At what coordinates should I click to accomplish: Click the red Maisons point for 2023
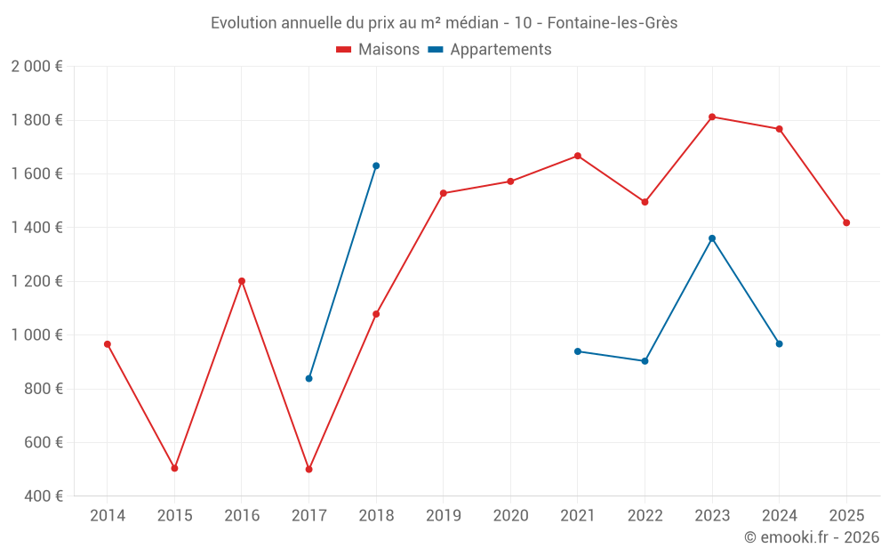[x=712, y=117]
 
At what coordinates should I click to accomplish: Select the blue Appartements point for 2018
[x=376, y=165]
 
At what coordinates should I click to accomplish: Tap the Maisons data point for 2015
[x=174, y=468]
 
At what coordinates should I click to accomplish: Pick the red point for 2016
[x=242, y=281]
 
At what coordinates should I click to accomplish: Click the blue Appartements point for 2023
[x=712, y=238]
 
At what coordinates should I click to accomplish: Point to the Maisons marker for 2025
[x=846, y=222]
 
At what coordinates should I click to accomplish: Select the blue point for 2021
[x=578, y=351]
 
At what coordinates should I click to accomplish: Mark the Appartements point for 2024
[x=780, y=343]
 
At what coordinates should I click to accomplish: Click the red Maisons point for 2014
[x=108, y=344]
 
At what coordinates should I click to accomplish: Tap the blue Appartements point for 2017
[x=308, y=378]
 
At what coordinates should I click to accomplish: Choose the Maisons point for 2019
[x=444, y=193]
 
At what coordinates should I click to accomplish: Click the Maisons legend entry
[x=378, y=50]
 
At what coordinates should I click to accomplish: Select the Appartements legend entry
[x=490, y=50]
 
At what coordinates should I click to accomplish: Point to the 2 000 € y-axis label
[x=36, y=67]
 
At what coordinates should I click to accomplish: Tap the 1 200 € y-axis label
[x=36, y=281]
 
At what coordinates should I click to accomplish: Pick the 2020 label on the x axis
[x=510, y=516]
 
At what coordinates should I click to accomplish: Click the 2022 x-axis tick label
[x=645, y=516]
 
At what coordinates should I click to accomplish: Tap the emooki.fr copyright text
[x=811, y=537]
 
